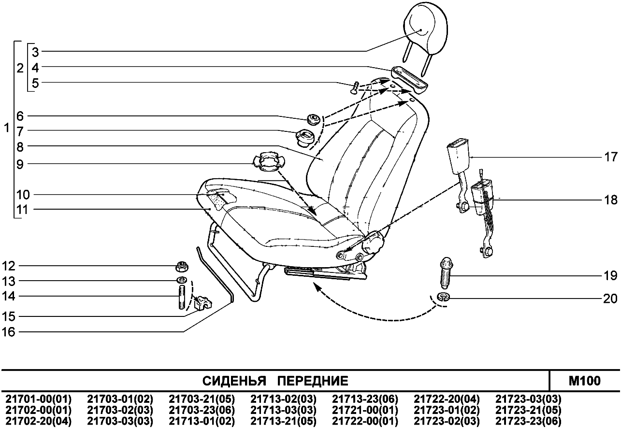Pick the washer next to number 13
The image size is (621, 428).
(182, 281)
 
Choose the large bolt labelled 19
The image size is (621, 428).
(445, 274)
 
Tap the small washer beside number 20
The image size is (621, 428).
(443, 296)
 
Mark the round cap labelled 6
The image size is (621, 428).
(313, 118)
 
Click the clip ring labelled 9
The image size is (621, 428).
(265, 161)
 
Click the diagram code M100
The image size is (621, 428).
(585, 381)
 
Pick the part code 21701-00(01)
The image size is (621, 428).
(38, 399)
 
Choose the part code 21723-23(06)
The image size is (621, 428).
(529, 421)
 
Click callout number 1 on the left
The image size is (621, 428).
(6, 129)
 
